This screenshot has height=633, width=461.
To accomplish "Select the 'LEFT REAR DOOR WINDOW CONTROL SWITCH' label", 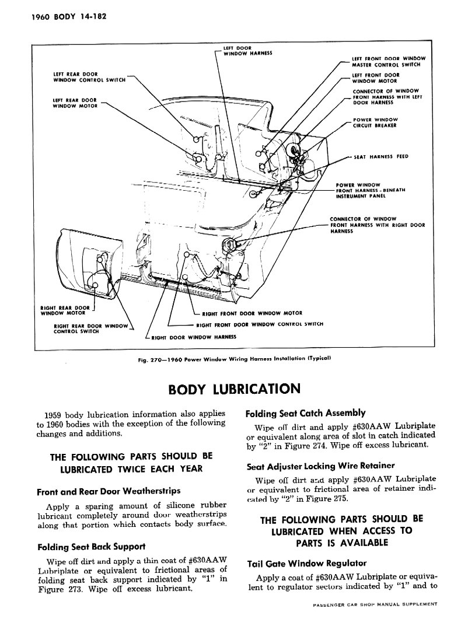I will (89, 77).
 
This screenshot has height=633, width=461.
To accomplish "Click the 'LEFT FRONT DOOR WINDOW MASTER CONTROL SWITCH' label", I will (389, 61).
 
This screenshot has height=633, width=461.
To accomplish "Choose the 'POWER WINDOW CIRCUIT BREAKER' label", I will (375, 123).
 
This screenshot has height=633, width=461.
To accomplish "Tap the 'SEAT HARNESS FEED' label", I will (381, 157).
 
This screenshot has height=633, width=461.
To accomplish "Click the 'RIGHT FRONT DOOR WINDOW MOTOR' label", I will (252, 313).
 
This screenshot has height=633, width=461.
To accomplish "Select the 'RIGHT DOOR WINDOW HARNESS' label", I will (193, 337).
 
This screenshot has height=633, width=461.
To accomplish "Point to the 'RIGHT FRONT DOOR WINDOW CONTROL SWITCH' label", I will (260, 324).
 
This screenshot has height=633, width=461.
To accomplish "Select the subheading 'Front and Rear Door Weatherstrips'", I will (108, 491).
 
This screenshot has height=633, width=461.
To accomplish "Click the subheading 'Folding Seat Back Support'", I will (90, 547).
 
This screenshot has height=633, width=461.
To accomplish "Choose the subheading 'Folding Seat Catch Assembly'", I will (306, 413).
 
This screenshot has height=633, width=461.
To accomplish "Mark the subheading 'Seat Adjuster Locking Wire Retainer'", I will (321, 466).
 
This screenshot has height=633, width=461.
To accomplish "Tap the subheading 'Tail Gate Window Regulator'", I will (307, 564).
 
